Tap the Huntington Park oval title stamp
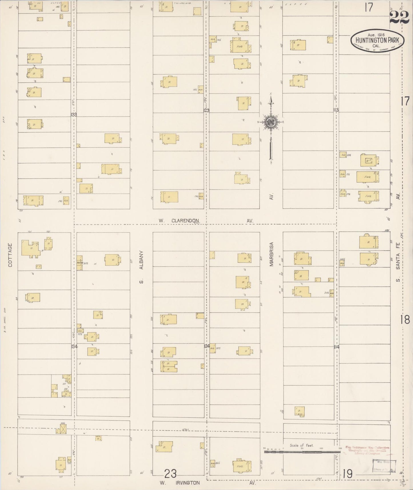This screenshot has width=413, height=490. coord(377,41)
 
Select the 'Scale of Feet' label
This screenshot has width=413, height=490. coord(302,445)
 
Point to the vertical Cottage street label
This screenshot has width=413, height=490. coord(10,255)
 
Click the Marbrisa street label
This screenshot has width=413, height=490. coord(272,254)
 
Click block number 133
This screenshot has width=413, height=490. coord(74,115)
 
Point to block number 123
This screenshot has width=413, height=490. coord(206,110)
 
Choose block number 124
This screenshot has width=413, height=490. coord(207,346)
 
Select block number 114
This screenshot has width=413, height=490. coord(336,347)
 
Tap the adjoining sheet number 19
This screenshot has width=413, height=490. coord(348,474)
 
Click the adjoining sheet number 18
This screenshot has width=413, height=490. coord(405,320)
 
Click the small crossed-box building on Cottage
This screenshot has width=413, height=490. coord(63,429)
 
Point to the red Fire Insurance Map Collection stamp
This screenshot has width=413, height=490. coord(367,450)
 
